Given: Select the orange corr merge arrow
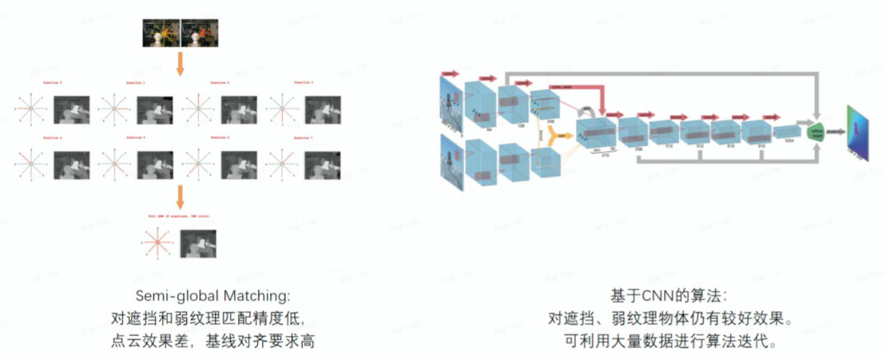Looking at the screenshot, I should pos(562,133).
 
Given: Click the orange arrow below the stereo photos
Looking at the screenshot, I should pos(180,63).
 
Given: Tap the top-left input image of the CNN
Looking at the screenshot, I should pos(451,102).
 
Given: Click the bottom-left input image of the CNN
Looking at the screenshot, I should pos(451,166).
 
